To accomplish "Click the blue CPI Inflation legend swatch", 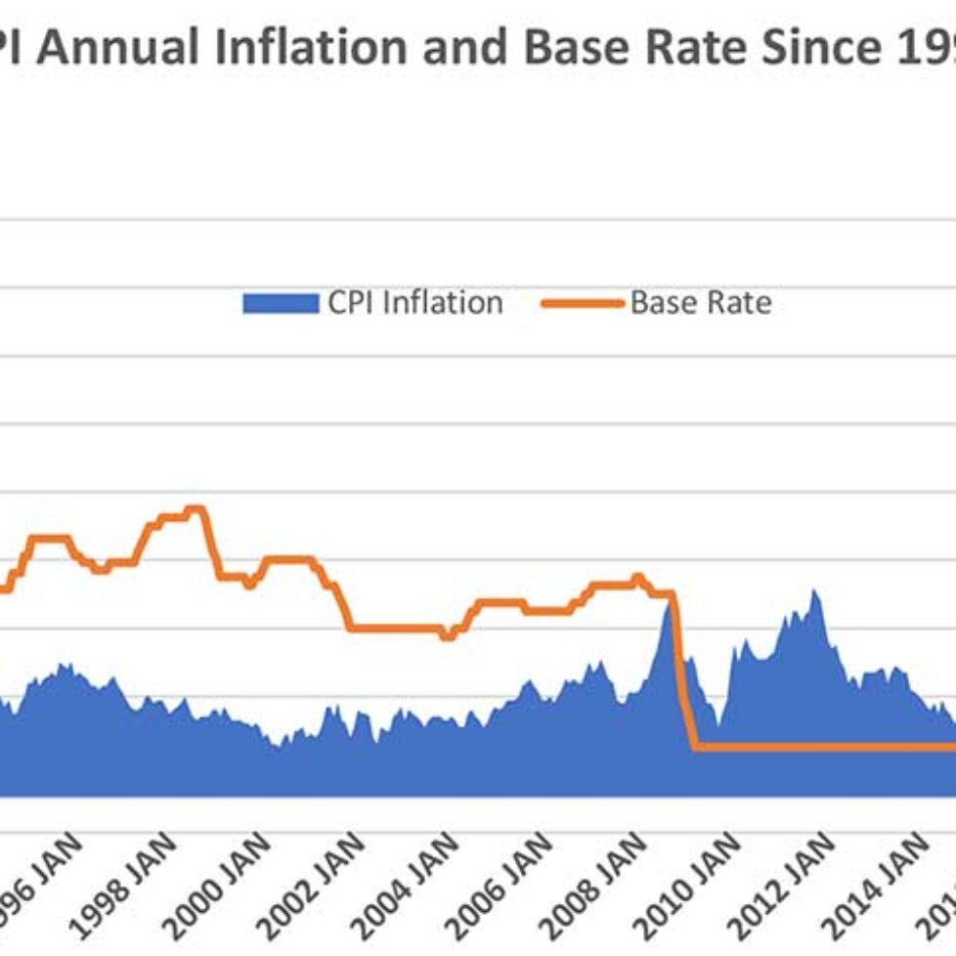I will (x=281, y=304).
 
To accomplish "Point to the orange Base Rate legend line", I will (x=582, y=304).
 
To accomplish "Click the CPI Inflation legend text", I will (x=414, y=303).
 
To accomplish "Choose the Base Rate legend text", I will (x=700, y=303).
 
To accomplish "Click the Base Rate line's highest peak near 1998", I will (x=196, y=508).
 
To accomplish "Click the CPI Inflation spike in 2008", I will (x=671, y=604).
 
